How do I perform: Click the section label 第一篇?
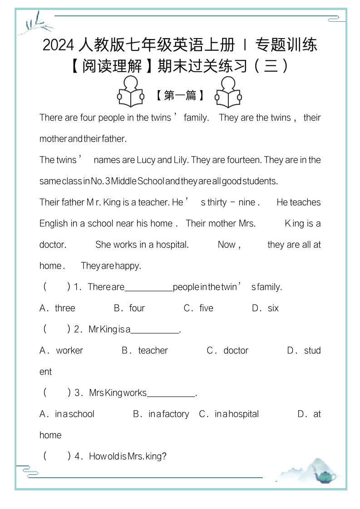[x=180, y=95]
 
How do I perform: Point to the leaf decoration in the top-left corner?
[x=35, y=23]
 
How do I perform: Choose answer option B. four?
[x=129, y=308]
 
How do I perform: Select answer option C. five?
[x=198, y=308]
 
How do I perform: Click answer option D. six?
[x=266, y=308]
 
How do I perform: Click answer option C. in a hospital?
[x=229, y=414]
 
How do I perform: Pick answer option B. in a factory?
[x=161, y=414]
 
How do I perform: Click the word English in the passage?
[x=53, y=223]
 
